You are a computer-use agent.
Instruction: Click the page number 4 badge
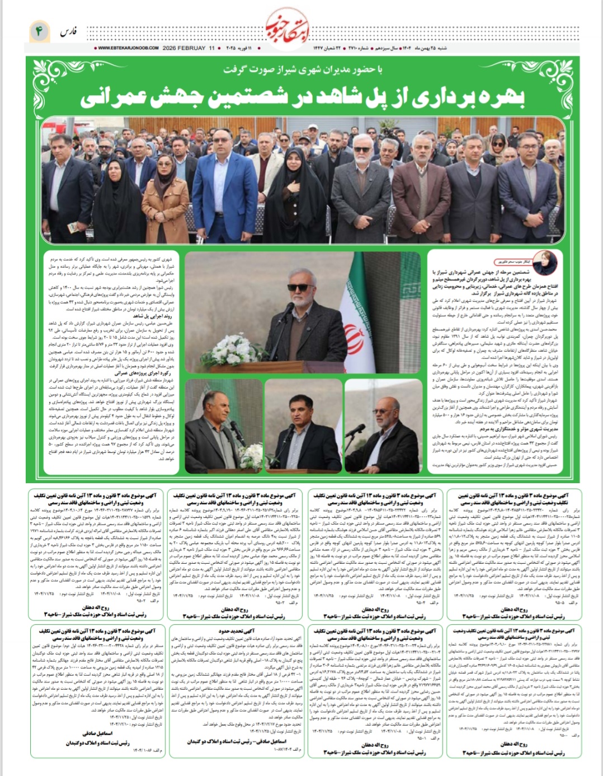pos(40,32)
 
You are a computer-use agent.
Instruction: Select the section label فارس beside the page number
pos(69,32)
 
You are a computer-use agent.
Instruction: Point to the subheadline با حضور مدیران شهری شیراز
pos(302,69)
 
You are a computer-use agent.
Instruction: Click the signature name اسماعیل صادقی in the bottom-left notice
pos(97,733)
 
